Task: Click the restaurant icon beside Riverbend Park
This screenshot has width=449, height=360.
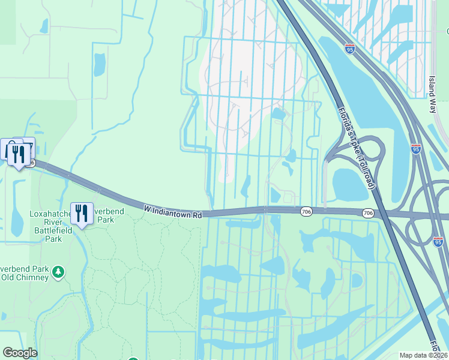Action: [x=81, y=214]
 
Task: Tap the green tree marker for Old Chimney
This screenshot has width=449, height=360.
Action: [x=58, y=272]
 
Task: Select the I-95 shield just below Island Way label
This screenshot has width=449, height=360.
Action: [x=415, y=149]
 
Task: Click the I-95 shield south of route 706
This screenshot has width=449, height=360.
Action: [x=438, y=241]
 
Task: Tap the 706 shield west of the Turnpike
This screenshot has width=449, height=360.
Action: [x=306, y=211]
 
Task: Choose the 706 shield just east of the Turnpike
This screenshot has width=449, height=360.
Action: [x=369, y=213]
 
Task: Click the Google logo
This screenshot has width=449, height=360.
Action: [x=20, y=353]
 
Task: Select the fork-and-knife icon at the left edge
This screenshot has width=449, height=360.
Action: [x=18, y=153]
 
